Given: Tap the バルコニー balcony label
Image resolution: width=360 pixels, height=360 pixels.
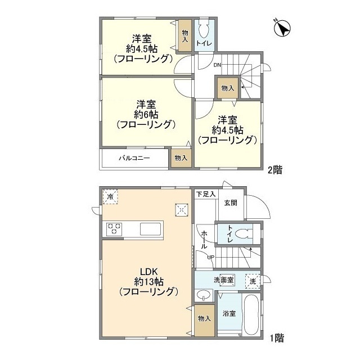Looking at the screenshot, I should (x=134, y=159).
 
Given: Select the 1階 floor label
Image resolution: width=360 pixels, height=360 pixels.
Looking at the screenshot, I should (x=276, y=338).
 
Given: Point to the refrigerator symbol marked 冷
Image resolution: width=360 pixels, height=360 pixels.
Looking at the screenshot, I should (x=111, y=196).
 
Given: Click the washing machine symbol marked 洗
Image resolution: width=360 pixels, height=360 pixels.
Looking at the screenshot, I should (x=253, y=281).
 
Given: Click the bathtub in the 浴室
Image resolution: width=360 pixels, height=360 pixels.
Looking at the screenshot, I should (x=251, y=314).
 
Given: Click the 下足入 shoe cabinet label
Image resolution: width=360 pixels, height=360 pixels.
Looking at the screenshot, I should (x=205, y=194).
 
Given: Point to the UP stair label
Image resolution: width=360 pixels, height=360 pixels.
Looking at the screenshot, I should (x=211, y=258).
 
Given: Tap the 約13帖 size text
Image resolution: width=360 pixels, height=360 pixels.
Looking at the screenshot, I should (x=148, y=281).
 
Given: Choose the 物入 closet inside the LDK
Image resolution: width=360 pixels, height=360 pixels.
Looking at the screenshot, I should (x=204, y=318).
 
